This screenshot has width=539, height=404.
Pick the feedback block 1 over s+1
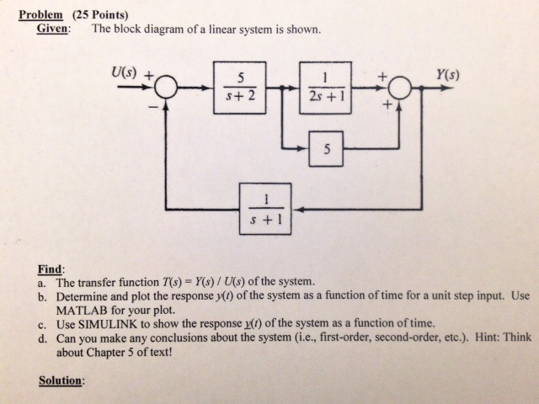click(x=266, y=208)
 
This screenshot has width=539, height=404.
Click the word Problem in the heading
click(x=41, y=13)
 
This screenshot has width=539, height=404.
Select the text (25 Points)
click(x=99, y=13)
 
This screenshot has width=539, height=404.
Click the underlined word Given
click(x=53, y=29)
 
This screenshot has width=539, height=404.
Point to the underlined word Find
click(x=50, y=268)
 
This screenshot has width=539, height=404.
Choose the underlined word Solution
click(x=62, y=380)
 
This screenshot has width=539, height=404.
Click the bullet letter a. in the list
click(x=43, y=282)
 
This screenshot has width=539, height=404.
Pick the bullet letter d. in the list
click(x=43, y=337)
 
